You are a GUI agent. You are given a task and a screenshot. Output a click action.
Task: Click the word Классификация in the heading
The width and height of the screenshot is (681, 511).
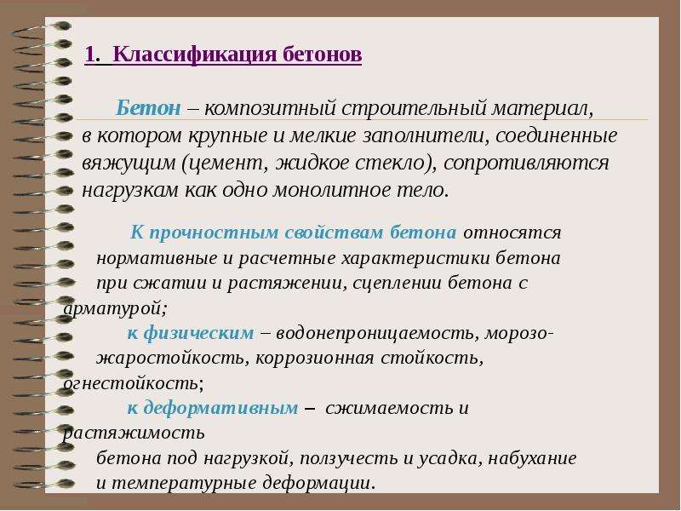coord(195,55)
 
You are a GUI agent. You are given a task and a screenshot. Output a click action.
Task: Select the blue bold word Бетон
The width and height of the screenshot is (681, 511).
coord(148,107)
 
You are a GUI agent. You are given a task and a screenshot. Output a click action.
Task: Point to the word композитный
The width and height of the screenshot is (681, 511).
coord(270,109)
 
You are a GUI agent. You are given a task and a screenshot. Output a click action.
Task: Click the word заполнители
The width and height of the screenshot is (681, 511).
coord(424,135)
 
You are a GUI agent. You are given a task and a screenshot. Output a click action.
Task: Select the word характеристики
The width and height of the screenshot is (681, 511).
coord(416,258)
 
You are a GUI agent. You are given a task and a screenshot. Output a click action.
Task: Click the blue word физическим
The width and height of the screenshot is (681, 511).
coord(199,333)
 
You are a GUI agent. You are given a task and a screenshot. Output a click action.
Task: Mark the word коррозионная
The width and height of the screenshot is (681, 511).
coord(315,359)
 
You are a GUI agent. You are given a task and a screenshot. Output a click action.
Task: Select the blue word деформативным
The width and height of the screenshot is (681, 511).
coord(220,409)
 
